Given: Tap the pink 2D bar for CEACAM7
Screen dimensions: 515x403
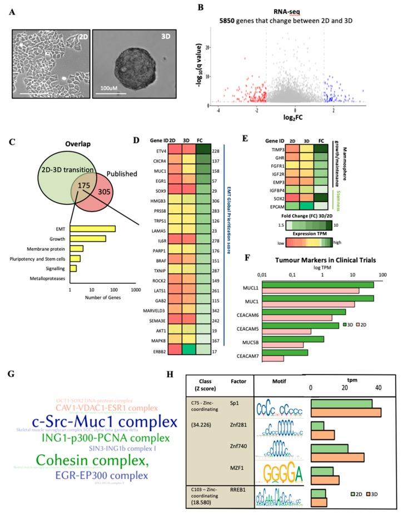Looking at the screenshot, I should pyautogui.click(x=272, y=358).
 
